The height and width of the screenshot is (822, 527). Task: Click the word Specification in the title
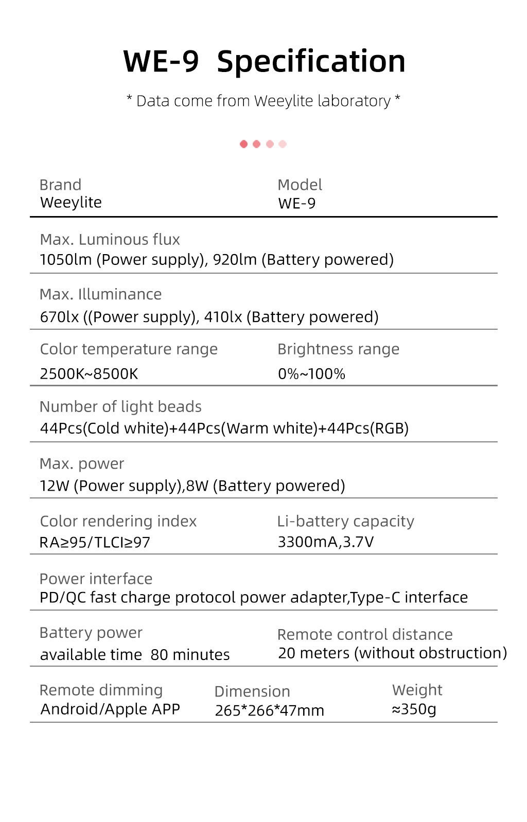(x=311, y=62)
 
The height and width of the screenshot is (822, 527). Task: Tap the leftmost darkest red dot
(x=244, y=144)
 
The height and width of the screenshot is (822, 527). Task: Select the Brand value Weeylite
(x=71, y=203)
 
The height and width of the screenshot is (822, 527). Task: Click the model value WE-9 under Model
(x=297, y=204)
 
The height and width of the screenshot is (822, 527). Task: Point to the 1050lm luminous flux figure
(x=65, y=260)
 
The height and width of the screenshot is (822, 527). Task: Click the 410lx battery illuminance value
(x=223, y=317)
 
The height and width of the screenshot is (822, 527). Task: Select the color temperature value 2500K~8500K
(x=89, y=374)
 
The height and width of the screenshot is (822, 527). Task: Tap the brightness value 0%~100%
(x=311, y=374)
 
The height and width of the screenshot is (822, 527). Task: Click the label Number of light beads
(x=120, y=407)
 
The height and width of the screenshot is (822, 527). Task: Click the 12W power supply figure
(x=54, y=486)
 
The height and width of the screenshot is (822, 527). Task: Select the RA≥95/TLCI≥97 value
(x=95, y=543)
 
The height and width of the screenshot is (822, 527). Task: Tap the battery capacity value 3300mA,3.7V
(x=326, y=542)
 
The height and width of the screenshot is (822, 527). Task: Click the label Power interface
(x=96, y=579)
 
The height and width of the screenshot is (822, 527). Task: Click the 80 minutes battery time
(x=190, y=655)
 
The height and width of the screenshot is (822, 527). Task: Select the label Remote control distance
(x=365, y=635)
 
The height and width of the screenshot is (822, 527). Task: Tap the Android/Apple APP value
(x=110, y=709)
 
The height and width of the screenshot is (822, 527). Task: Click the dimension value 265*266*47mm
(x=269, y=711)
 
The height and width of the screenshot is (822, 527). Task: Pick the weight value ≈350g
(x=414, y=709)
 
